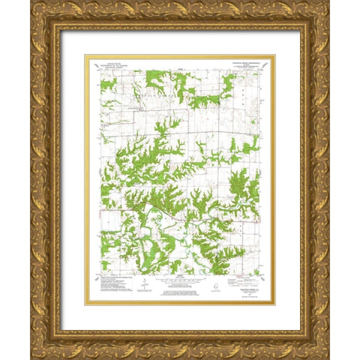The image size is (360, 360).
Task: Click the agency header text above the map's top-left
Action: [x=115, y=67]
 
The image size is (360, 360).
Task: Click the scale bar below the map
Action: [x=180, y=278]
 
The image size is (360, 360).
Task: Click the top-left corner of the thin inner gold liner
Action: [x=85, y=55]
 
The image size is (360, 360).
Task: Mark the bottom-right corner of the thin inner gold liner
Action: [x=275, y=305]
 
